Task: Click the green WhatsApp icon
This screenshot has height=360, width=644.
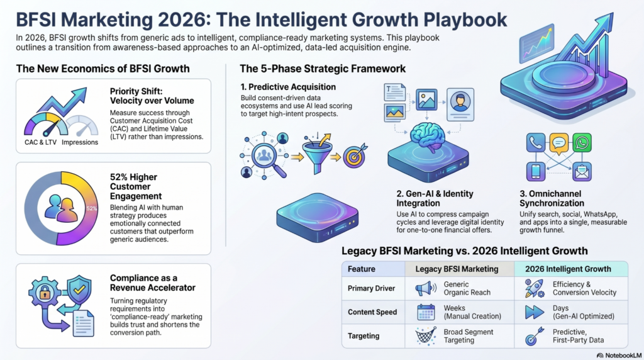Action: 582,143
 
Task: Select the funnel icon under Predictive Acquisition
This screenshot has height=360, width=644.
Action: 318,154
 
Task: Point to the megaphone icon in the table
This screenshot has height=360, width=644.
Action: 426,288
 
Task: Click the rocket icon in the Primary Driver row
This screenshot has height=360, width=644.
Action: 535,288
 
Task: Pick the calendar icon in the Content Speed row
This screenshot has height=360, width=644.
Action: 426,312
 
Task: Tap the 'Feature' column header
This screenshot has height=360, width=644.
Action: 362,269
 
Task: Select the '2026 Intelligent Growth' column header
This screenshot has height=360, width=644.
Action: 568,269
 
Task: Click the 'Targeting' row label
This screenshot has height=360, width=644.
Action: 364,335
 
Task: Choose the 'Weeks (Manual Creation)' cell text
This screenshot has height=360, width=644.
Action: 472,312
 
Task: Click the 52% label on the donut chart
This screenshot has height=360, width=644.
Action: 92,209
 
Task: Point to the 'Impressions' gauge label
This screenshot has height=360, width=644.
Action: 80,143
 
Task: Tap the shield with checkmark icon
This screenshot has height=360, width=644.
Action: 79,290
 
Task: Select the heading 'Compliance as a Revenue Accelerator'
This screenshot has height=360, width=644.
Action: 152,283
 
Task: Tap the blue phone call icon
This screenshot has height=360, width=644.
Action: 536,143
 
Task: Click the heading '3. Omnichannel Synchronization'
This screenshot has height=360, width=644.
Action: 552,198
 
